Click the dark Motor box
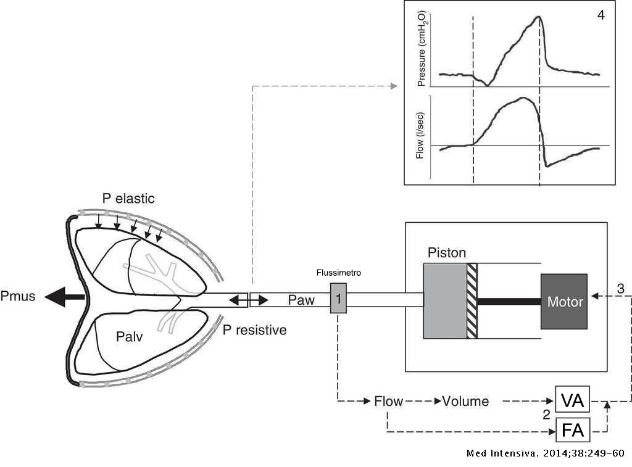(564, 301)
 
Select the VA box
(573, 401)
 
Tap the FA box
(573, 430)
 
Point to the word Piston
(446, 253)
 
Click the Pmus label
(19, 297)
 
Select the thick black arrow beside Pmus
(68, 297)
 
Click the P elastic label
(128, 199)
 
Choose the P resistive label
(254, 330)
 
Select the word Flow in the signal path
(388, 402)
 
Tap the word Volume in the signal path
(465, 402)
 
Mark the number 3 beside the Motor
(620, 288)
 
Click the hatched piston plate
(472, 301)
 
